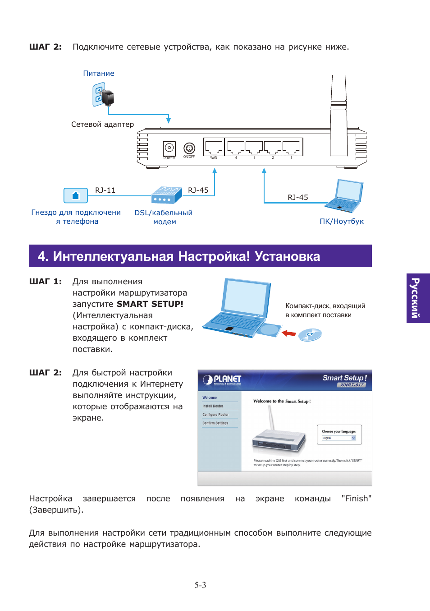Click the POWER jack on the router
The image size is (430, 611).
coord(169,148)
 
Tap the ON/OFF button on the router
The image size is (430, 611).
coord(189,148)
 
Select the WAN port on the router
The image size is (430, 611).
coord(214,147)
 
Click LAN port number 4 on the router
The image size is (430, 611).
coord(236,147)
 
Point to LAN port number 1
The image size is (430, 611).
coord(291,147)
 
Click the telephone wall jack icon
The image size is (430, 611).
coord(76,195)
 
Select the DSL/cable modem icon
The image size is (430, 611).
coord(166,195)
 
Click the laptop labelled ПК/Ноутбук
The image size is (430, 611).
coord(345,196)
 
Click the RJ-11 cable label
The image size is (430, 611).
coord(105,190)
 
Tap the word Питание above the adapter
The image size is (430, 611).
coord(99,74)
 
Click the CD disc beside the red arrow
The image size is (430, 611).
coord(310,334)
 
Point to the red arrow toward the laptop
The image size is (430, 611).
coord(288,333)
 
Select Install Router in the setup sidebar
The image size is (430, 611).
coord(213,406)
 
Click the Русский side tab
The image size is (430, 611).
coord(418,298)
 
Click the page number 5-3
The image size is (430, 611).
coord(200,585)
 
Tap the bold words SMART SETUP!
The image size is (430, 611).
coord(150,304)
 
